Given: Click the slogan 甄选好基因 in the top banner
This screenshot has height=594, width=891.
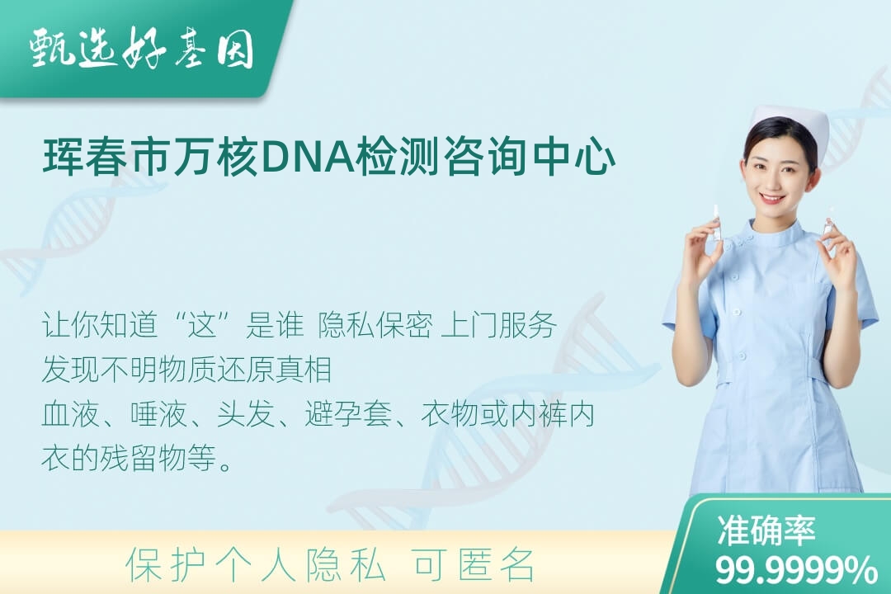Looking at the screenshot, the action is coord(142,48).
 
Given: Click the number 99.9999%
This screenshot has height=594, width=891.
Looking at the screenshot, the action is coord(795,570).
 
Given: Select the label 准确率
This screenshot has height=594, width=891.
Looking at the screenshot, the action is coord(766,530).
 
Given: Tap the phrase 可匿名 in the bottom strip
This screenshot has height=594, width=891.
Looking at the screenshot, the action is coord(474,565).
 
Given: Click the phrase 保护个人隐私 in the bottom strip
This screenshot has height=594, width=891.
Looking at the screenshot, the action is coord(256,565).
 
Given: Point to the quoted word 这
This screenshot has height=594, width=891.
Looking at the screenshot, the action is coord(204,325).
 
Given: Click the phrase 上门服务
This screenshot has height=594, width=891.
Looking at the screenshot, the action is coord(498,325).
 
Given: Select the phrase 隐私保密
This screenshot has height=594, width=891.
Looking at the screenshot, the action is coord(375,325).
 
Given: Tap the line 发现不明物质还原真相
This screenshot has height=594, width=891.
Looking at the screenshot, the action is coord(187,370).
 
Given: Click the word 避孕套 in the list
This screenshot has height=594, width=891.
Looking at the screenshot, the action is coord(348,414).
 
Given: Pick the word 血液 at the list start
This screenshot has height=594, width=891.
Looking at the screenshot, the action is coord(71,414).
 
